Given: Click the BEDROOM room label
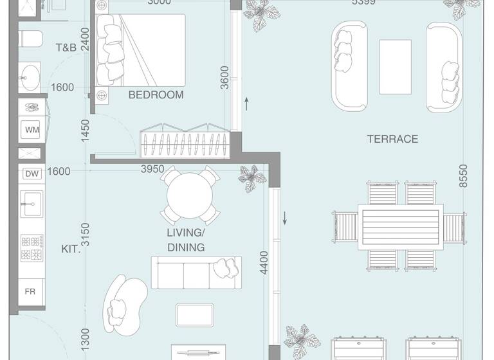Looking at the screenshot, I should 156,94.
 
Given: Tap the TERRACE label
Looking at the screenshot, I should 392,138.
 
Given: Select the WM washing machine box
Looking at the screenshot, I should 32,129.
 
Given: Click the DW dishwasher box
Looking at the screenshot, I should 32,173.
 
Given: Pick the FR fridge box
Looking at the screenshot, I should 30,291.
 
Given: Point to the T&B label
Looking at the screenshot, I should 66,47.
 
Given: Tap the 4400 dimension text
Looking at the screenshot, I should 263,263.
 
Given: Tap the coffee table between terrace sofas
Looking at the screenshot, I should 395,59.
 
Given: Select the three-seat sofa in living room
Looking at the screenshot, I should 196,272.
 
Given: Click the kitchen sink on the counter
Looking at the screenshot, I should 28,207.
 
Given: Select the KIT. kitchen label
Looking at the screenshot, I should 71,249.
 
